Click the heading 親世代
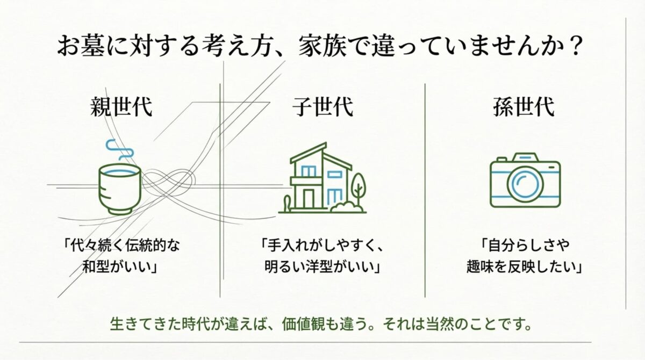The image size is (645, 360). [121, 107]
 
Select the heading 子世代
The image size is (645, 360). [322, 107]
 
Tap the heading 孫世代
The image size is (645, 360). [524, 107]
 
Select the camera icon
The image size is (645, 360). [525, 180]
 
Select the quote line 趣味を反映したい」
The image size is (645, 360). [524, 267]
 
